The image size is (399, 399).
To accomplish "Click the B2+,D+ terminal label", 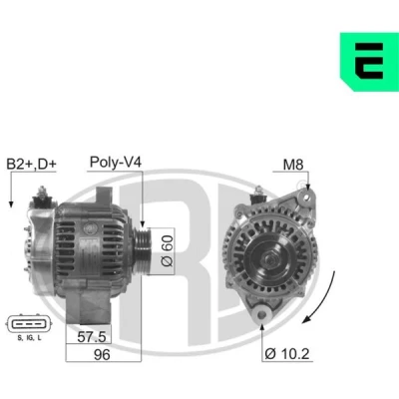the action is [32, 164].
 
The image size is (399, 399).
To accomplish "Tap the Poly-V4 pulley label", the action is [116, 163].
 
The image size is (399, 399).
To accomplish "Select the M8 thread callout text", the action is [293, 165].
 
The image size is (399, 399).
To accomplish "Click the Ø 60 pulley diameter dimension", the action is [167, 251].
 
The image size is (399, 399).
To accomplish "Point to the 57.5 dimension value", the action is [92, 337].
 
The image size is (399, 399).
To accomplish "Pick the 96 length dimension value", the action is [102, 354].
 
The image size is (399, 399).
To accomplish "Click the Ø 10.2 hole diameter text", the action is [287, 354].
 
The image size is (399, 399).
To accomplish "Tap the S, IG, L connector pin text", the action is [30, 338].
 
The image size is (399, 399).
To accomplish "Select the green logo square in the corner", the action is [369, 62].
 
